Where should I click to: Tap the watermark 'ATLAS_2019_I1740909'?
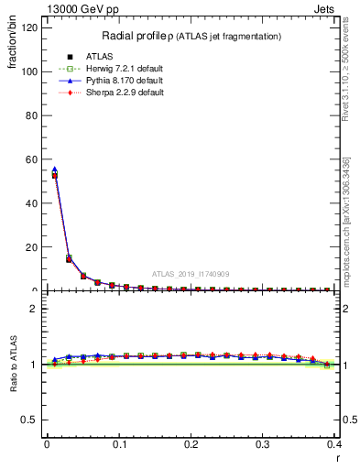point(191,273)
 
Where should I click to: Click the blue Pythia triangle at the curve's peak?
point(54,169)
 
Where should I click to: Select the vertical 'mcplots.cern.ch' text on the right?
point(345,220)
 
